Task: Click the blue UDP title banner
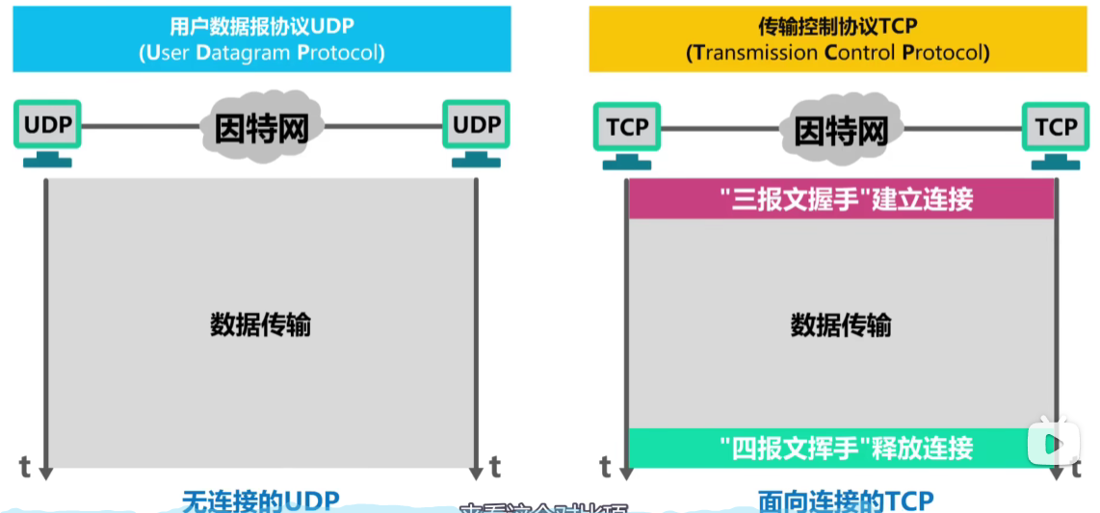[x=261, y=38]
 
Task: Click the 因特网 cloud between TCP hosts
[x=840, y=129]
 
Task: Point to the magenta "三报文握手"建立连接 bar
[x=841, y=199]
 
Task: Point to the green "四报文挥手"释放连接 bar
[x=841, y=448]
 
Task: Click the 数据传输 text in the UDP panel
[x=261, y=324]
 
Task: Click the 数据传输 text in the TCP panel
[x=841, y=325]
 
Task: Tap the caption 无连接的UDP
[x=261, y=500]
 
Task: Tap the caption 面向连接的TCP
[x=846, y=500]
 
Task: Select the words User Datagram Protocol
[x=261, y=53]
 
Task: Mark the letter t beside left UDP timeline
[x=25, y=467]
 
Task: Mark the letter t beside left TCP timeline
[x=605, y=468]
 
